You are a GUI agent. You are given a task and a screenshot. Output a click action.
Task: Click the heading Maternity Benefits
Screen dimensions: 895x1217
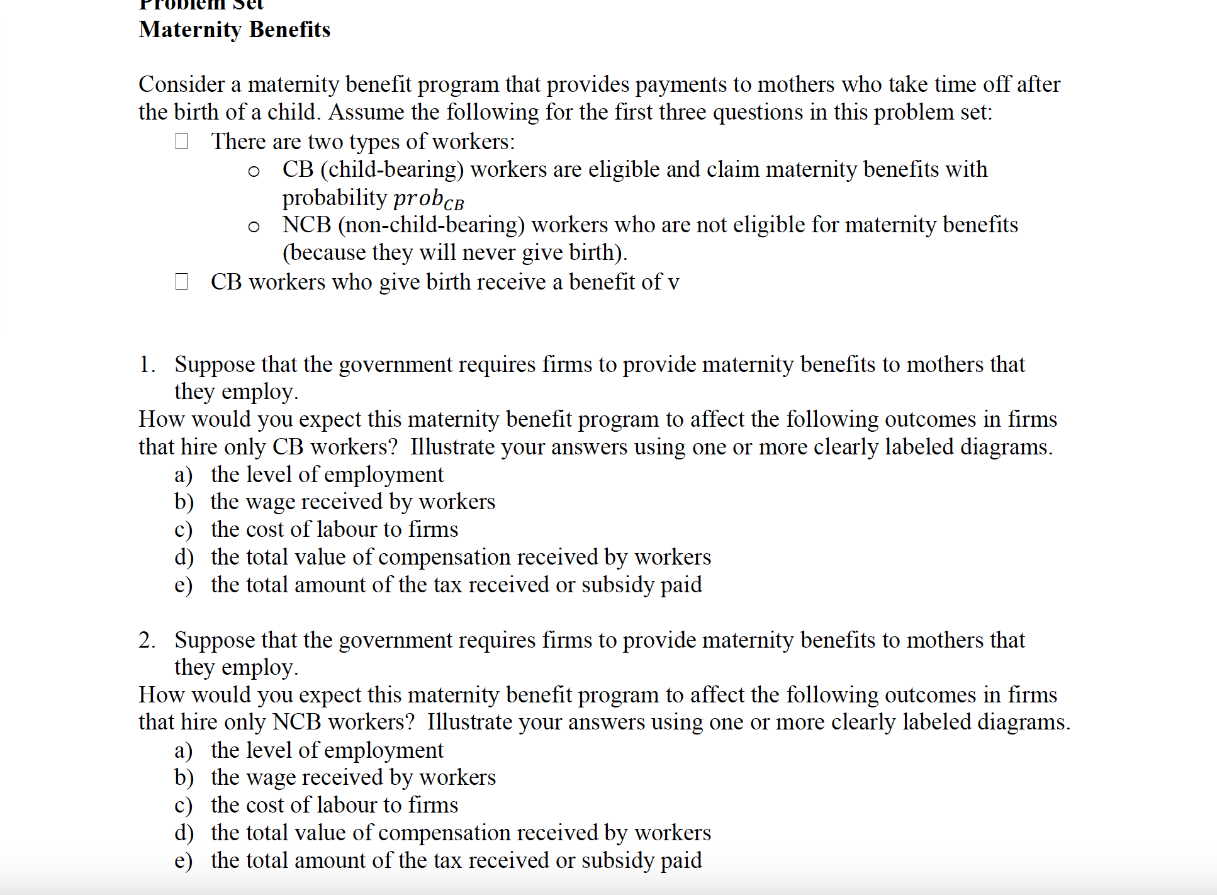[x=234, y=30]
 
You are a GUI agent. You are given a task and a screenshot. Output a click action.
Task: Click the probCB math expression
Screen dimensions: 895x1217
[x=429, y=198]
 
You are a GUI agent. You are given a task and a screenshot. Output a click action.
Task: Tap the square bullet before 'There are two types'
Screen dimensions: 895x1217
[x=181, y=141]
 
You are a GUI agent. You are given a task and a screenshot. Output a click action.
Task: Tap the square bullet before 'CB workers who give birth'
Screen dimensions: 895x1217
[x=181, y=281]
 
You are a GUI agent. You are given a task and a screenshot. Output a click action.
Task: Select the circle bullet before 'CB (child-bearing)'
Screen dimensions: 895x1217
[x=254, y=171]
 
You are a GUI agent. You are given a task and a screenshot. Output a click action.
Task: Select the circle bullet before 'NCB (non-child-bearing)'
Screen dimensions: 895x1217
[x=254, y=227]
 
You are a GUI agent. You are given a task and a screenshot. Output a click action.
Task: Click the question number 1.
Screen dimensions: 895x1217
[x=146, y=364]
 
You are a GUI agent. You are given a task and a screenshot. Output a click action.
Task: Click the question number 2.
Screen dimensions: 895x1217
[x=146, y=640]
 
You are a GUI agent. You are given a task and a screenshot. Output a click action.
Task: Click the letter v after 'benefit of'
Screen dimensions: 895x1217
[x=673, y=283]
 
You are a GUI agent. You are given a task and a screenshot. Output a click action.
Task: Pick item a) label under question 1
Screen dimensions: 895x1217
[x=183, y=475]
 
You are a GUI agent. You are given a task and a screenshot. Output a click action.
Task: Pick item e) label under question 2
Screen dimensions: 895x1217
[x=183, y=861]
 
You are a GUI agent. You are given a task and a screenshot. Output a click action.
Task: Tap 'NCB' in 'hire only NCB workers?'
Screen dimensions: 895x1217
[x=297, y=722]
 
